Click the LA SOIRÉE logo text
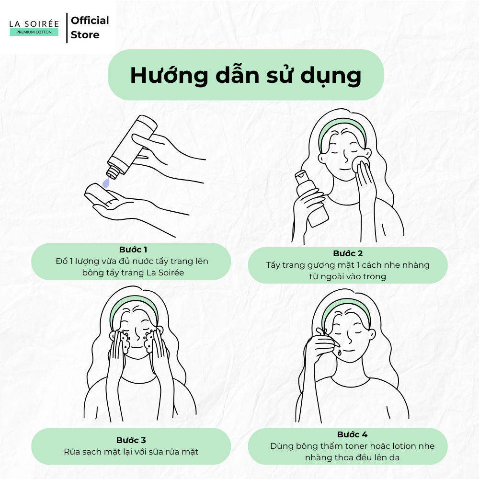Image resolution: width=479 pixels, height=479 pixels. pyautogui.click(x=34, y=24)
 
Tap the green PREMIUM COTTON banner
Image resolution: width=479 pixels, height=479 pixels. pyautogui.click(x=34, y=32)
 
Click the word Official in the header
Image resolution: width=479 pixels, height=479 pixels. pyautogui.click(x=90, y=21)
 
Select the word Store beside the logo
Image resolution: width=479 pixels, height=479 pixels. pyautogui.click(x=85, y=35)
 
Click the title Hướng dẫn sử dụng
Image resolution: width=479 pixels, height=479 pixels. pyautogui.click(x=246, y=76)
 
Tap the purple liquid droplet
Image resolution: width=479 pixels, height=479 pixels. pyautogui.click(x=106, y=182)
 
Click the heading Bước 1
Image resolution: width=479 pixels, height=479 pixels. pyautogui.click(x=133, y=250)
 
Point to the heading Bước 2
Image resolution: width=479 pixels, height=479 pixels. pyautogui.click(x=348, y=253)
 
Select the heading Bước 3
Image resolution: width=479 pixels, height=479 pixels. pyautogui.click(x=131, y=440)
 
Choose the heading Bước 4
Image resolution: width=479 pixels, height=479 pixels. pyautogui.click(x=352, y=434)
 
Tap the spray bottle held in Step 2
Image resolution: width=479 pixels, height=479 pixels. pyautogui.click(x=311, y=198)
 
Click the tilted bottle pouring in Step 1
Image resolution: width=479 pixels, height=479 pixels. pyautogui.click(x=132, y=146)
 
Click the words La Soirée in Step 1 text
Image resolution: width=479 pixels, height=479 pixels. pyautogui.click(x=165, y=273)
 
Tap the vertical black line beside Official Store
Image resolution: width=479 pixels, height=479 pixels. pyautogui.click(x=67, y=28)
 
